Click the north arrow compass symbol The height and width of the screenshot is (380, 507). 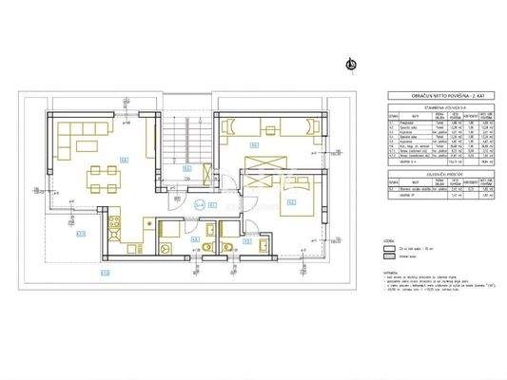(350, 65)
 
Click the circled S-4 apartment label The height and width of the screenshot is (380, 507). (200, 202)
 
